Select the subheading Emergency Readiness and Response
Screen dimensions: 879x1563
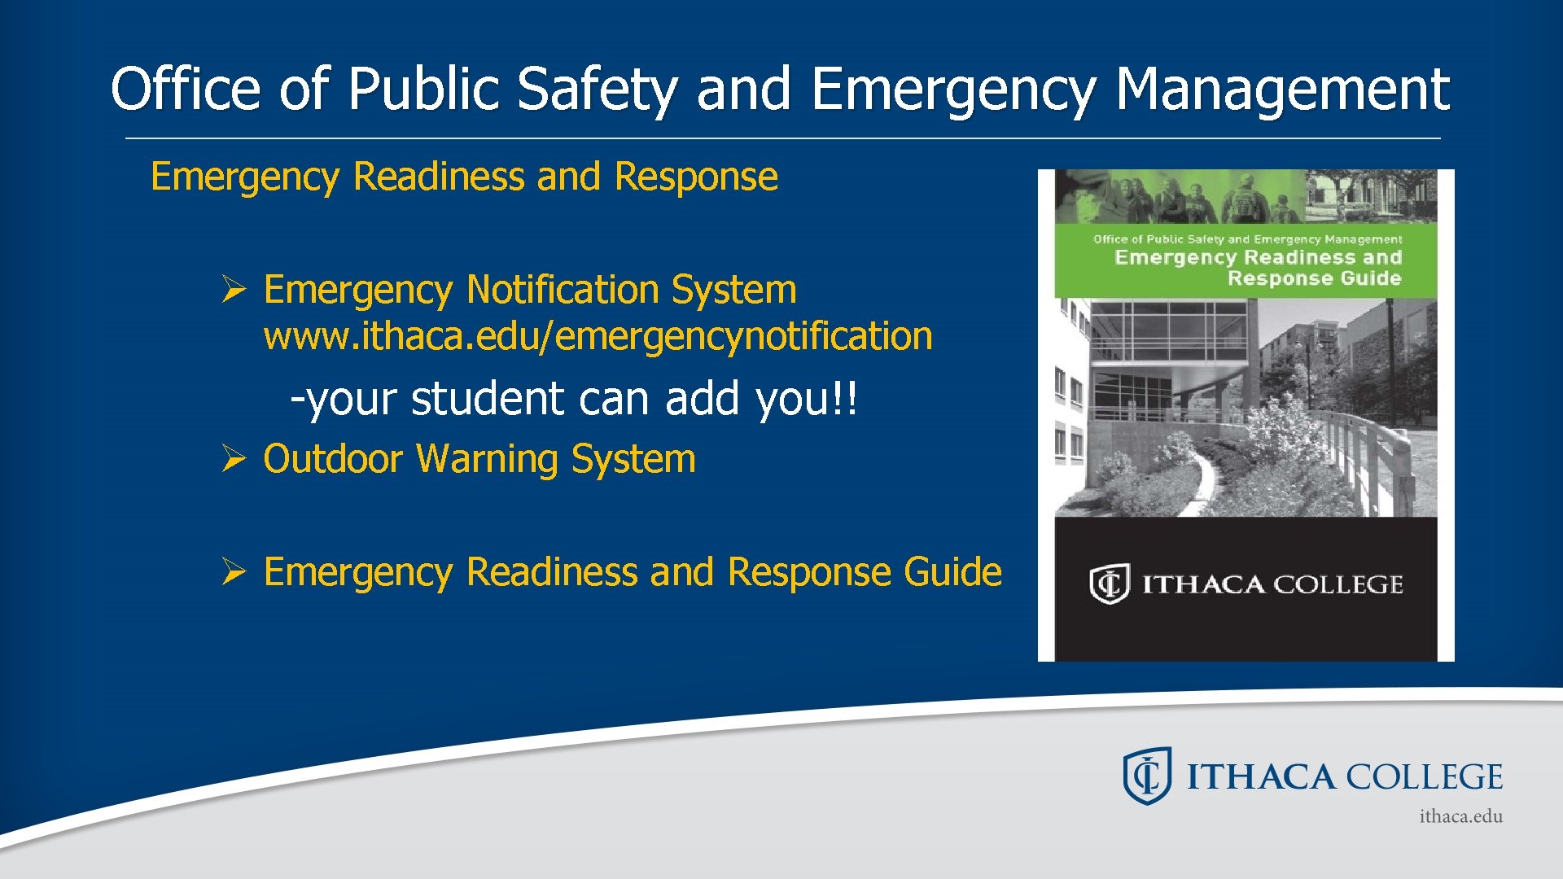[x=464, y=177]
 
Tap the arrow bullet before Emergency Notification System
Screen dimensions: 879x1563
[x=234, y=290]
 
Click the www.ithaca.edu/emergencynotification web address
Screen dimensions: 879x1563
[x=598, y=336]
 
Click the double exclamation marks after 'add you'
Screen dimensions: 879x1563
[x=847, y=399]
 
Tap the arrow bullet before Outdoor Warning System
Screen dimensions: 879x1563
[x=234, y=459]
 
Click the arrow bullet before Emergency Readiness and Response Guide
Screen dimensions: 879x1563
[x=234, y=572]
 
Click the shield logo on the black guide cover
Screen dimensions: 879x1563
[x=1109, y=584]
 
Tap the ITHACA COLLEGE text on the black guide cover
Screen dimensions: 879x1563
[x=1272, y=584]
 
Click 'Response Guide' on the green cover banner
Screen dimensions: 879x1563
[x=1314, y=278]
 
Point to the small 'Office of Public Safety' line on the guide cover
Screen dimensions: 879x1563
[x=1247, y=239]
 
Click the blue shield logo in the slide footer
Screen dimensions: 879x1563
[x=1147, y=776]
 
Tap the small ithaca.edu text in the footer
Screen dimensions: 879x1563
[x=1460, y=816]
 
